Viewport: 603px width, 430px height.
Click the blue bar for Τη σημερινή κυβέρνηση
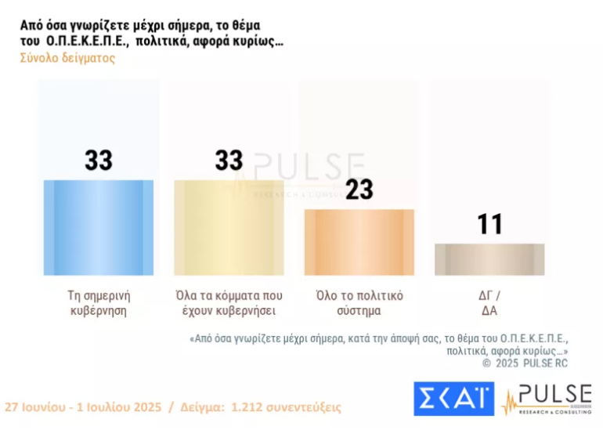click(x=99, y=228)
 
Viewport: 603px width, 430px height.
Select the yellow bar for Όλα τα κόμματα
click(x=229, y=228)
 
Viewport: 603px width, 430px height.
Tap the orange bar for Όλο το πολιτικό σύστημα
click(x=359, y=242)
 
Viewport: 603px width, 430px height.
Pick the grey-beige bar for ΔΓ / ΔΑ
click(x=489, y=259)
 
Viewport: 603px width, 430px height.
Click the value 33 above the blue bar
click(x=99, y=161)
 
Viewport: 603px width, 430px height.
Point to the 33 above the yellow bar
click(x=229, y=161)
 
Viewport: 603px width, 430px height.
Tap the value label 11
click(x=490, y=225)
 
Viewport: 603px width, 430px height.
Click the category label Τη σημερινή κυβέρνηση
click(x=98, y=302)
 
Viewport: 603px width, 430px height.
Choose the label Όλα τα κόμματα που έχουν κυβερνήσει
click(x=229, y=302)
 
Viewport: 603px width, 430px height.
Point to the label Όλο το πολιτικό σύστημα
click(x=359, y=302)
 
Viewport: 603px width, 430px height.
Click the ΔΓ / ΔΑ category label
click(x=489, y=302)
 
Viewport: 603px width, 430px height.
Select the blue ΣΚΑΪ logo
click(x=453, y=399)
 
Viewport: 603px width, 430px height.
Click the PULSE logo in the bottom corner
click(x=547, y=399)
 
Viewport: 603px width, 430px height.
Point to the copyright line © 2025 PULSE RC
click(x=524, y=363)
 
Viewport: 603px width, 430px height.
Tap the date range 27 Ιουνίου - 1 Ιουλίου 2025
click(x=82, y=408)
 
